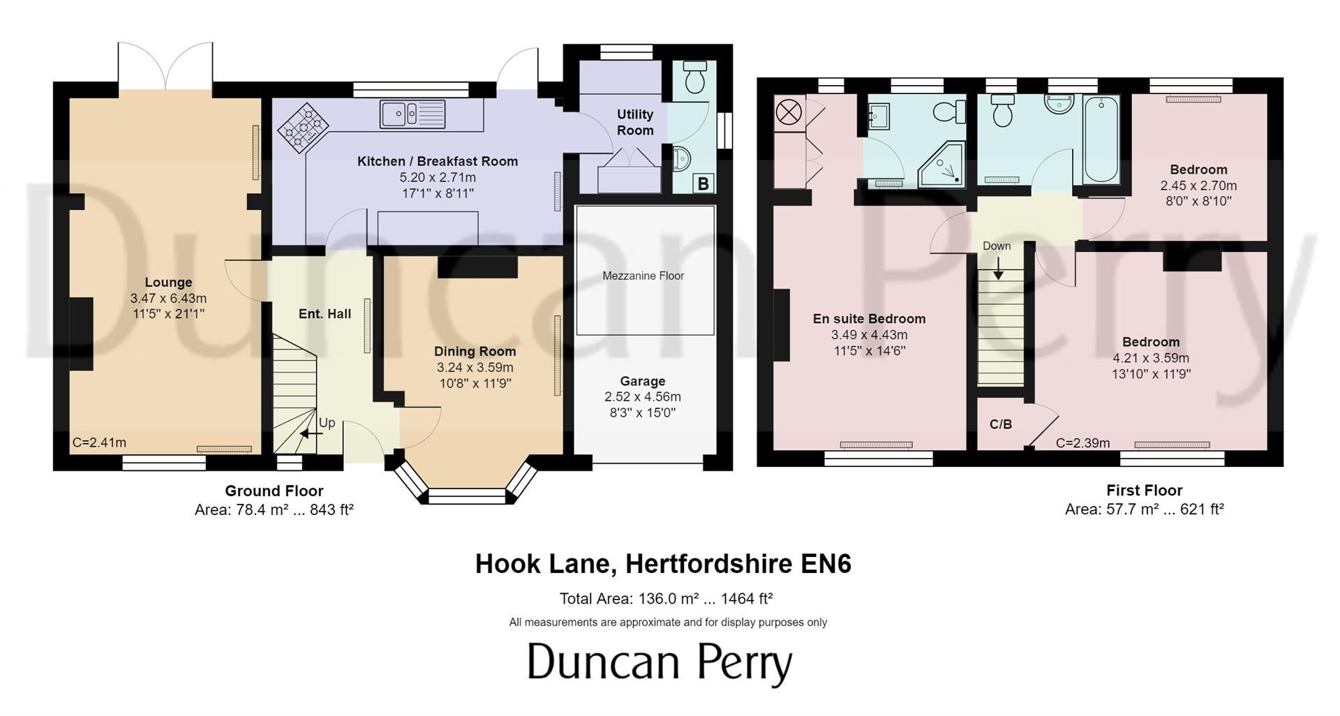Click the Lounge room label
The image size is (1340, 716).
click(168, 282)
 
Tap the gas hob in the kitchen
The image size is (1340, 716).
click(304, 128)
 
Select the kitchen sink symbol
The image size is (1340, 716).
click(412, 114)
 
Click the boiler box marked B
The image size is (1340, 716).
click(703, 184)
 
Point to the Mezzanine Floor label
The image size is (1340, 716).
click(643, 276)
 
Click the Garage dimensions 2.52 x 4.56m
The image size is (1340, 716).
click(642, 397)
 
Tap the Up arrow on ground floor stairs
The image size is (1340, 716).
click(311, 433)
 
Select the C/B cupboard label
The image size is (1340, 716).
click(1001, 424)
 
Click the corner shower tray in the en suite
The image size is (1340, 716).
click(942, 166)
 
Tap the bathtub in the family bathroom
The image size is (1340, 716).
click(1101, 140)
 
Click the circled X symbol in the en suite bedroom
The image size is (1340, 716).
click(789, 112)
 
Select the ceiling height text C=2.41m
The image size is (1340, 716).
click(99, 442)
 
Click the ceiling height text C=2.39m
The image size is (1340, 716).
click(1082, 443)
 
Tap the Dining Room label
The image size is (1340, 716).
click(475, 351)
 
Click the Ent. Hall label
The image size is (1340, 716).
click(325, 314)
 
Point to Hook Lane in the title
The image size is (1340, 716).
click(542, 563)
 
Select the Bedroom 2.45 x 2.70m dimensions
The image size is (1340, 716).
click(1198, 186)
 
